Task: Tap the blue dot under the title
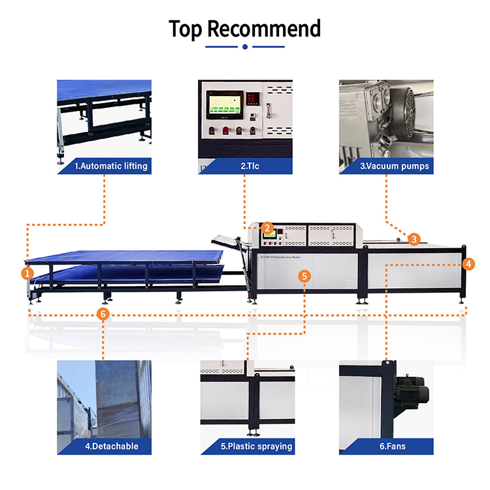245,47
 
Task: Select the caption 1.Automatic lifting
111,166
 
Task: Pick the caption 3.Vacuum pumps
395,166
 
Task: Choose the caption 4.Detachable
112,447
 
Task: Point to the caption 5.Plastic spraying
256,447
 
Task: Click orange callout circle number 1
27,272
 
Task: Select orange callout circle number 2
267,228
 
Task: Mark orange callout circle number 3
414,239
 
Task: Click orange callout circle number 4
468,264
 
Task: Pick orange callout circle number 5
305,276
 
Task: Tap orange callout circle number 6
102,314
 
